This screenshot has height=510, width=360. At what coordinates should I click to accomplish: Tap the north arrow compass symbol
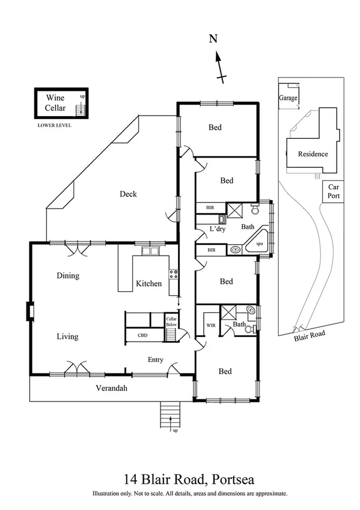220,66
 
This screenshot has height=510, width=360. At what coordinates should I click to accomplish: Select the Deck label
128,194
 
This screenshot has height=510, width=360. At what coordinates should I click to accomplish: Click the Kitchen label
148,283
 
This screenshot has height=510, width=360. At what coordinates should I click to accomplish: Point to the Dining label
67,275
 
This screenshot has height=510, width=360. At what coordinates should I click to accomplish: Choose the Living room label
67,336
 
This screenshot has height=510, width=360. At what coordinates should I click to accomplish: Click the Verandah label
112,388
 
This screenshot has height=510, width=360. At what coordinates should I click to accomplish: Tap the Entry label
156,360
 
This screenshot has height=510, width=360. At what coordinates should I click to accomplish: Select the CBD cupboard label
142,335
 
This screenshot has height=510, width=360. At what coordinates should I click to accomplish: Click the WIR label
211,325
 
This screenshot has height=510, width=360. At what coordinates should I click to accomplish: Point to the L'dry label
217,229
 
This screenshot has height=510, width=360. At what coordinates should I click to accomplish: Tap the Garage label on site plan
288,98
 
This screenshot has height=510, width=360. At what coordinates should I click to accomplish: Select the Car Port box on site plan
333,192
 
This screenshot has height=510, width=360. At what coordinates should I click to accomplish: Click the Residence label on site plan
313,154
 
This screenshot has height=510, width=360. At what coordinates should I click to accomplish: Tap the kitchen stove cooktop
174,275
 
